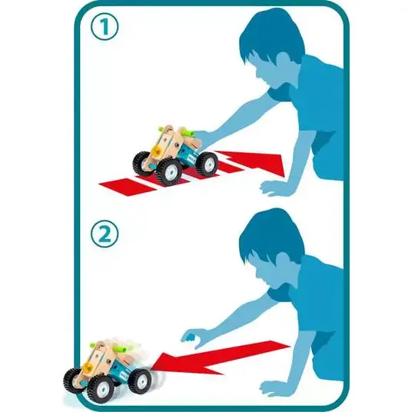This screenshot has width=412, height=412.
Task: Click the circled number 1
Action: coord(105,27)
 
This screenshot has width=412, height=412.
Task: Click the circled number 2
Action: coord(105,234)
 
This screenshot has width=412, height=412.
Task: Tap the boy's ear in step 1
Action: coord(285,62)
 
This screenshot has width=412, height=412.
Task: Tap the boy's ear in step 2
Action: coord(285,263)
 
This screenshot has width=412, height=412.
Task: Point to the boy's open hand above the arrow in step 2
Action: coord(193,338)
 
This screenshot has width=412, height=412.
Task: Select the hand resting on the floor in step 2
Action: coord(274,388)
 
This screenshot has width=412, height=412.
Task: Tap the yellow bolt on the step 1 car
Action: coord(157,151)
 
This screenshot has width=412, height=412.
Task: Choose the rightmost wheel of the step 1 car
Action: coord(207,164)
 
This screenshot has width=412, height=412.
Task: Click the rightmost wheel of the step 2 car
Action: coord(140,380)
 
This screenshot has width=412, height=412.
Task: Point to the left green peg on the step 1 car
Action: coord(162,129)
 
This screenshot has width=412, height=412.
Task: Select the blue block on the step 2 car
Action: coord(120,368)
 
